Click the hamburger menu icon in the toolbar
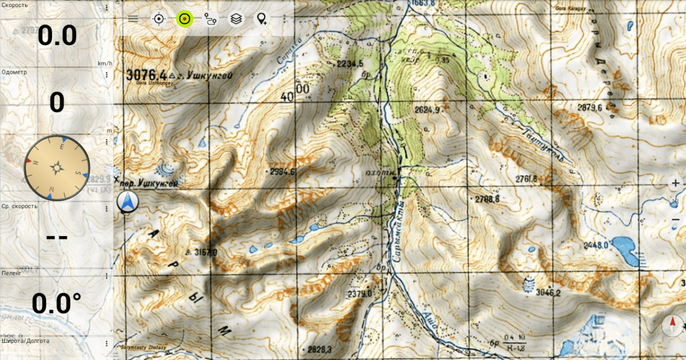tap(133, 18)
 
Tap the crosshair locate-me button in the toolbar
tap(158, 19)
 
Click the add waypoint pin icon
tap(262, 19)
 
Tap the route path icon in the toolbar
tap(210, 19)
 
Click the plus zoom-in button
tap(676, 183)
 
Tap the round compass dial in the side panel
tap(57, 168)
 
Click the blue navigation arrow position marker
tap(127, 202)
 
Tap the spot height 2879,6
tap(590, 107)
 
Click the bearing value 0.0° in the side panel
tap(56, 303)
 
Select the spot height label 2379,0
tap(360, 294)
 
